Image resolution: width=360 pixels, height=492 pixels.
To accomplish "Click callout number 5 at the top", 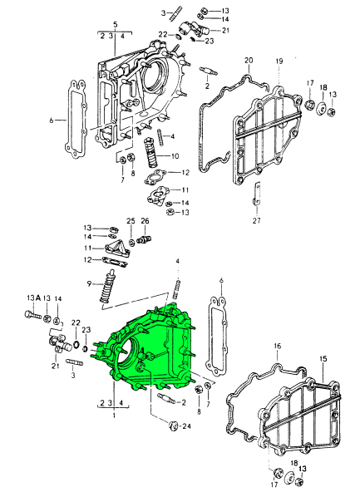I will (x=115, y=24).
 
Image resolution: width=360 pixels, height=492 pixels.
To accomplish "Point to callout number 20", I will (x=249, y=61).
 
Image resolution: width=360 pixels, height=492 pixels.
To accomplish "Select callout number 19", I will (x=279, y=61).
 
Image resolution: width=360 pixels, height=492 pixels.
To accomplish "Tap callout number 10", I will (x=175, y=155).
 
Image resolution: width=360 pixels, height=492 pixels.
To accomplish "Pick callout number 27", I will (x=256, y=220).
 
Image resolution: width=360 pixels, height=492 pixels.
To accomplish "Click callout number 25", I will (x=131, y=220).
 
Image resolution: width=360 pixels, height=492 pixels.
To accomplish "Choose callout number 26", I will (x=145, y=220).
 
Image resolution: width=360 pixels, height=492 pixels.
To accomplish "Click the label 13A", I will (x=33, y=298).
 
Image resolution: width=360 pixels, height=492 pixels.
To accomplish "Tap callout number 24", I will (x=187, y=426).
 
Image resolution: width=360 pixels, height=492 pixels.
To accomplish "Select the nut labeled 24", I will (x=171, y=426).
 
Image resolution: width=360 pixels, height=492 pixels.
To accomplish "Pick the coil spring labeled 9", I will (x=106, y=290).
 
